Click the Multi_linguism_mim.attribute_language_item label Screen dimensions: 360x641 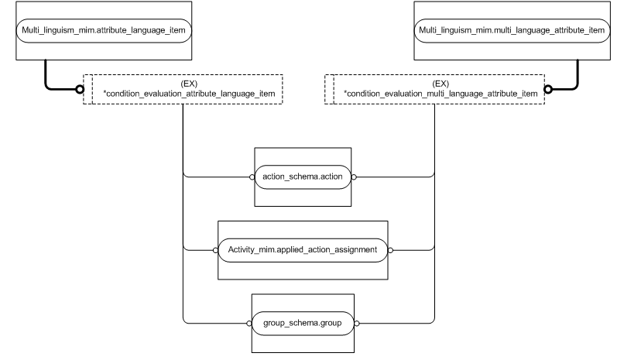[x=105, y=30]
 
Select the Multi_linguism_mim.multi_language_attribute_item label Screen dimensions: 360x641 [x=511, y=30]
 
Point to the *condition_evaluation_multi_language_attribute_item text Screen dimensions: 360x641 [x=440, y=94]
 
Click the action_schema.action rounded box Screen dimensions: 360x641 [x=303, y=177]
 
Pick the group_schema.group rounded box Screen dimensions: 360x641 [x=303, y=322]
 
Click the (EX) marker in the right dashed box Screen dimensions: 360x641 [x=440, y=84]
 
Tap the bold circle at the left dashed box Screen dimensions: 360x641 [x=79, y=89]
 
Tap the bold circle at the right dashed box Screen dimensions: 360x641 [x=549, y=89]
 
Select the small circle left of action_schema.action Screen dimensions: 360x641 [x=252, y=177]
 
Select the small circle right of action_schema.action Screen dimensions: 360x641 [x=354, y=177]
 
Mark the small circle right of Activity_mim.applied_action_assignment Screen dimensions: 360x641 [x=390, y=250]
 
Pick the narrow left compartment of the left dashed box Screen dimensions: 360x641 [x=87, y=89]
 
